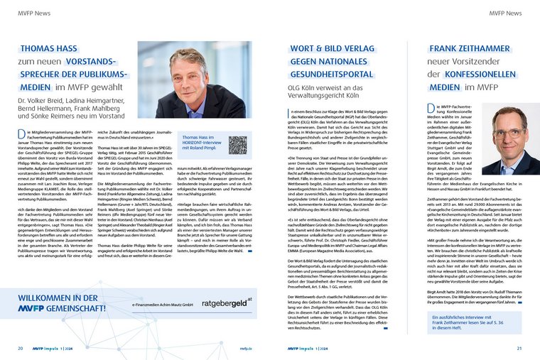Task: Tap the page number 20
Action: pyautogui.click(x=21, y=349)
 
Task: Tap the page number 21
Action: pyautogui.click(x=519, y=349)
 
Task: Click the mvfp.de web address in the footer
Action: pyautogui.click(x=246, y=349)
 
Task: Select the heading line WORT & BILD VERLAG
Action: pyautogui.click(x=335, y=48)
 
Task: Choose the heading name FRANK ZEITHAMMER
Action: pyautogui.click(x=476, y=48)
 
